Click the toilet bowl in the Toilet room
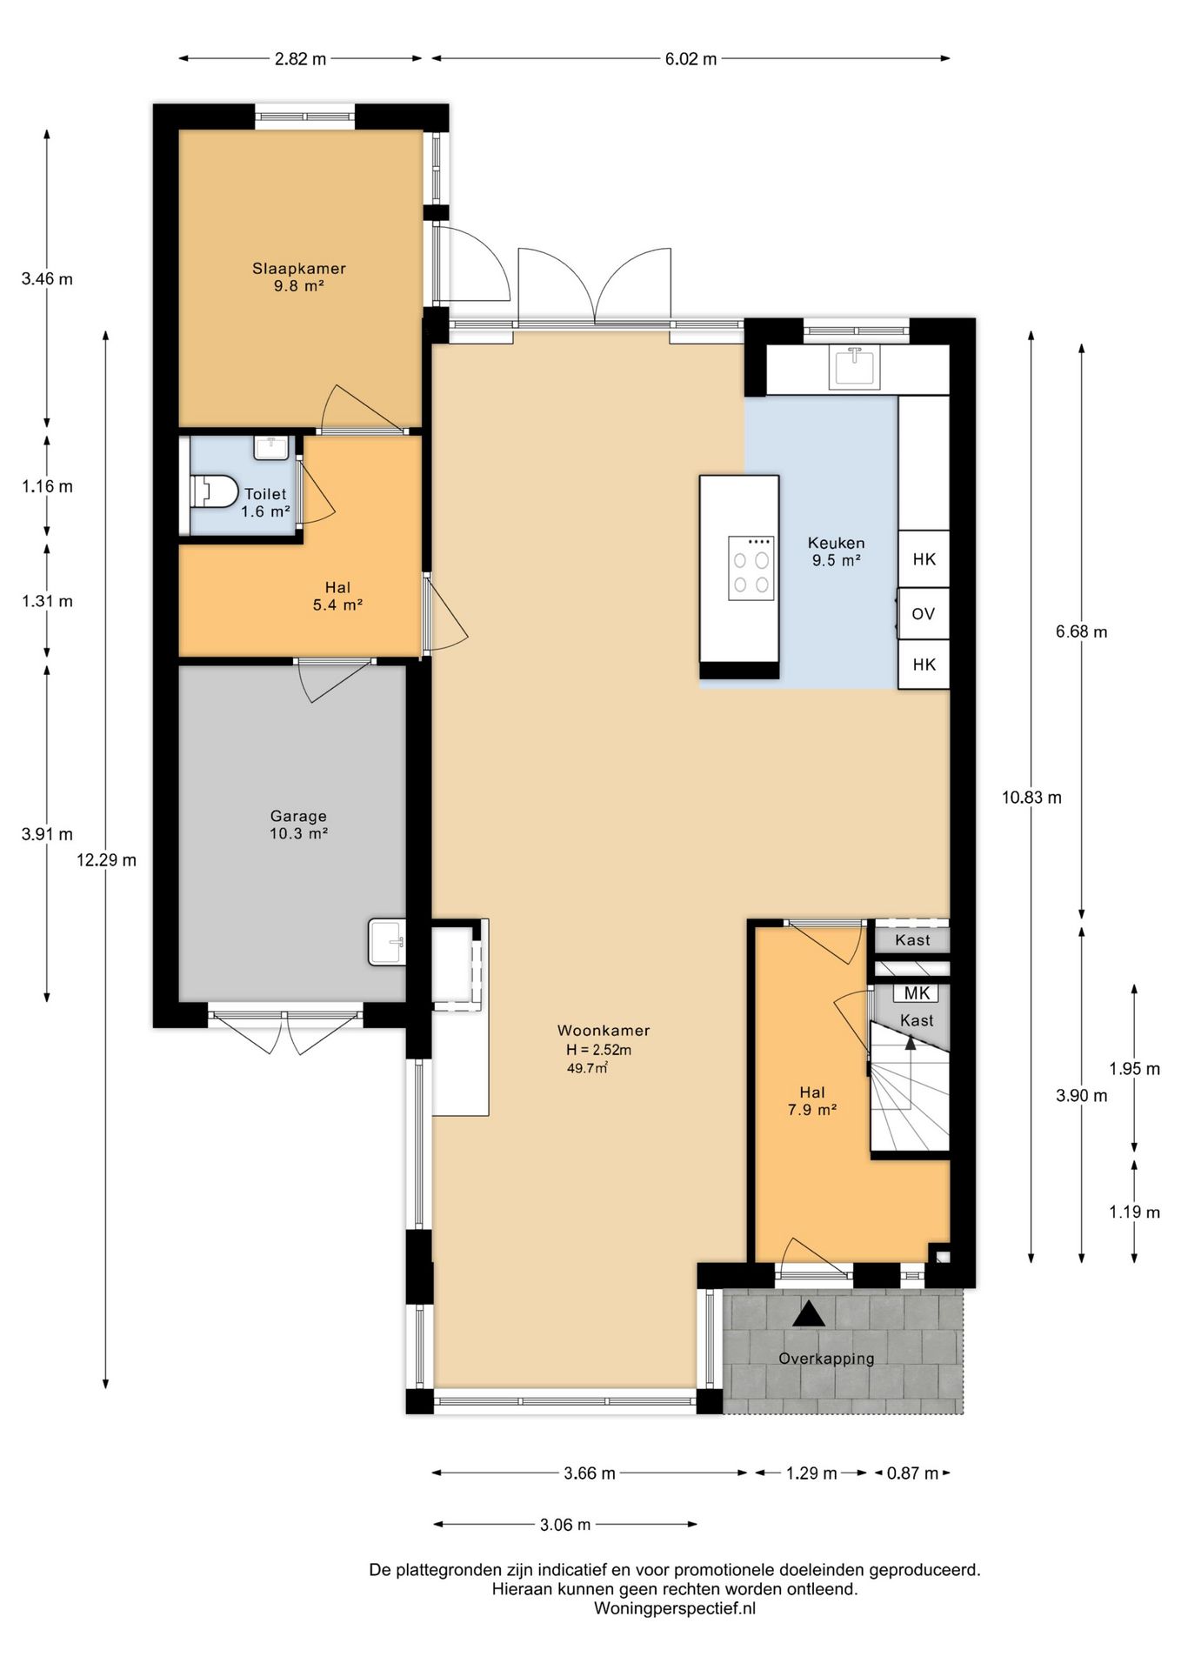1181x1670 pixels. [x=214, y=491]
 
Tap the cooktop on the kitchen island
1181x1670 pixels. [x=751, y=568]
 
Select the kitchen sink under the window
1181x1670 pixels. [x=855, y=367]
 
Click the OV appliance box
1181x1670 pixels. [x=924, y=614]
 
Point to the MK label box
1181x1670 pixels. [x=917, y=993]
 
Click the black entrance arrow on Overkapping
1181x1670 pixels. [x=808, y=1313]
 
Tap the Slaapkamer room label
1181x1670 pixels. [x=299, y=269]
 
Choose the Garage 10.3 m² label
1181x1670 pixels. [x=298, y=825]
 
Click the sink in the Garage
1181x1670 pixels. [x=387, y=942]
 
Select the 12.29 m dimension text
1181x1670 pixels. [x=106, y=860]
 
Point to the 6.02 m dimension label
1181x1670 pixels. [x=691, y=59]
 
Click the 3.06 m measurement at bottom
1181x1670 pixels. [x=565, y=1524]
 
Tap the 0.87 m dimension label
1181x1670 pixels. [x=913, y=1473]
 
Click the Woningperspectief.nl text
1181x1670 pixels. [x=675, y=1608]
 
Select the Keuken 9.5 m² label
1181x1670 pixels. [x=837, y=551]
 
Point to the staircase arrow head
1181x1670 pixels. [x=911, y=1043]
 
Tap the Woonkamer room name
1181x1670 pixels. [x=604, y=1031]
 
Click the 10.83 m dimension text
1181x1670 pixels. [x=1031, y=798]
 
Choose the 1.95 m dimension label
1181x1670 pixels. [x=1135, y=1069]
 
